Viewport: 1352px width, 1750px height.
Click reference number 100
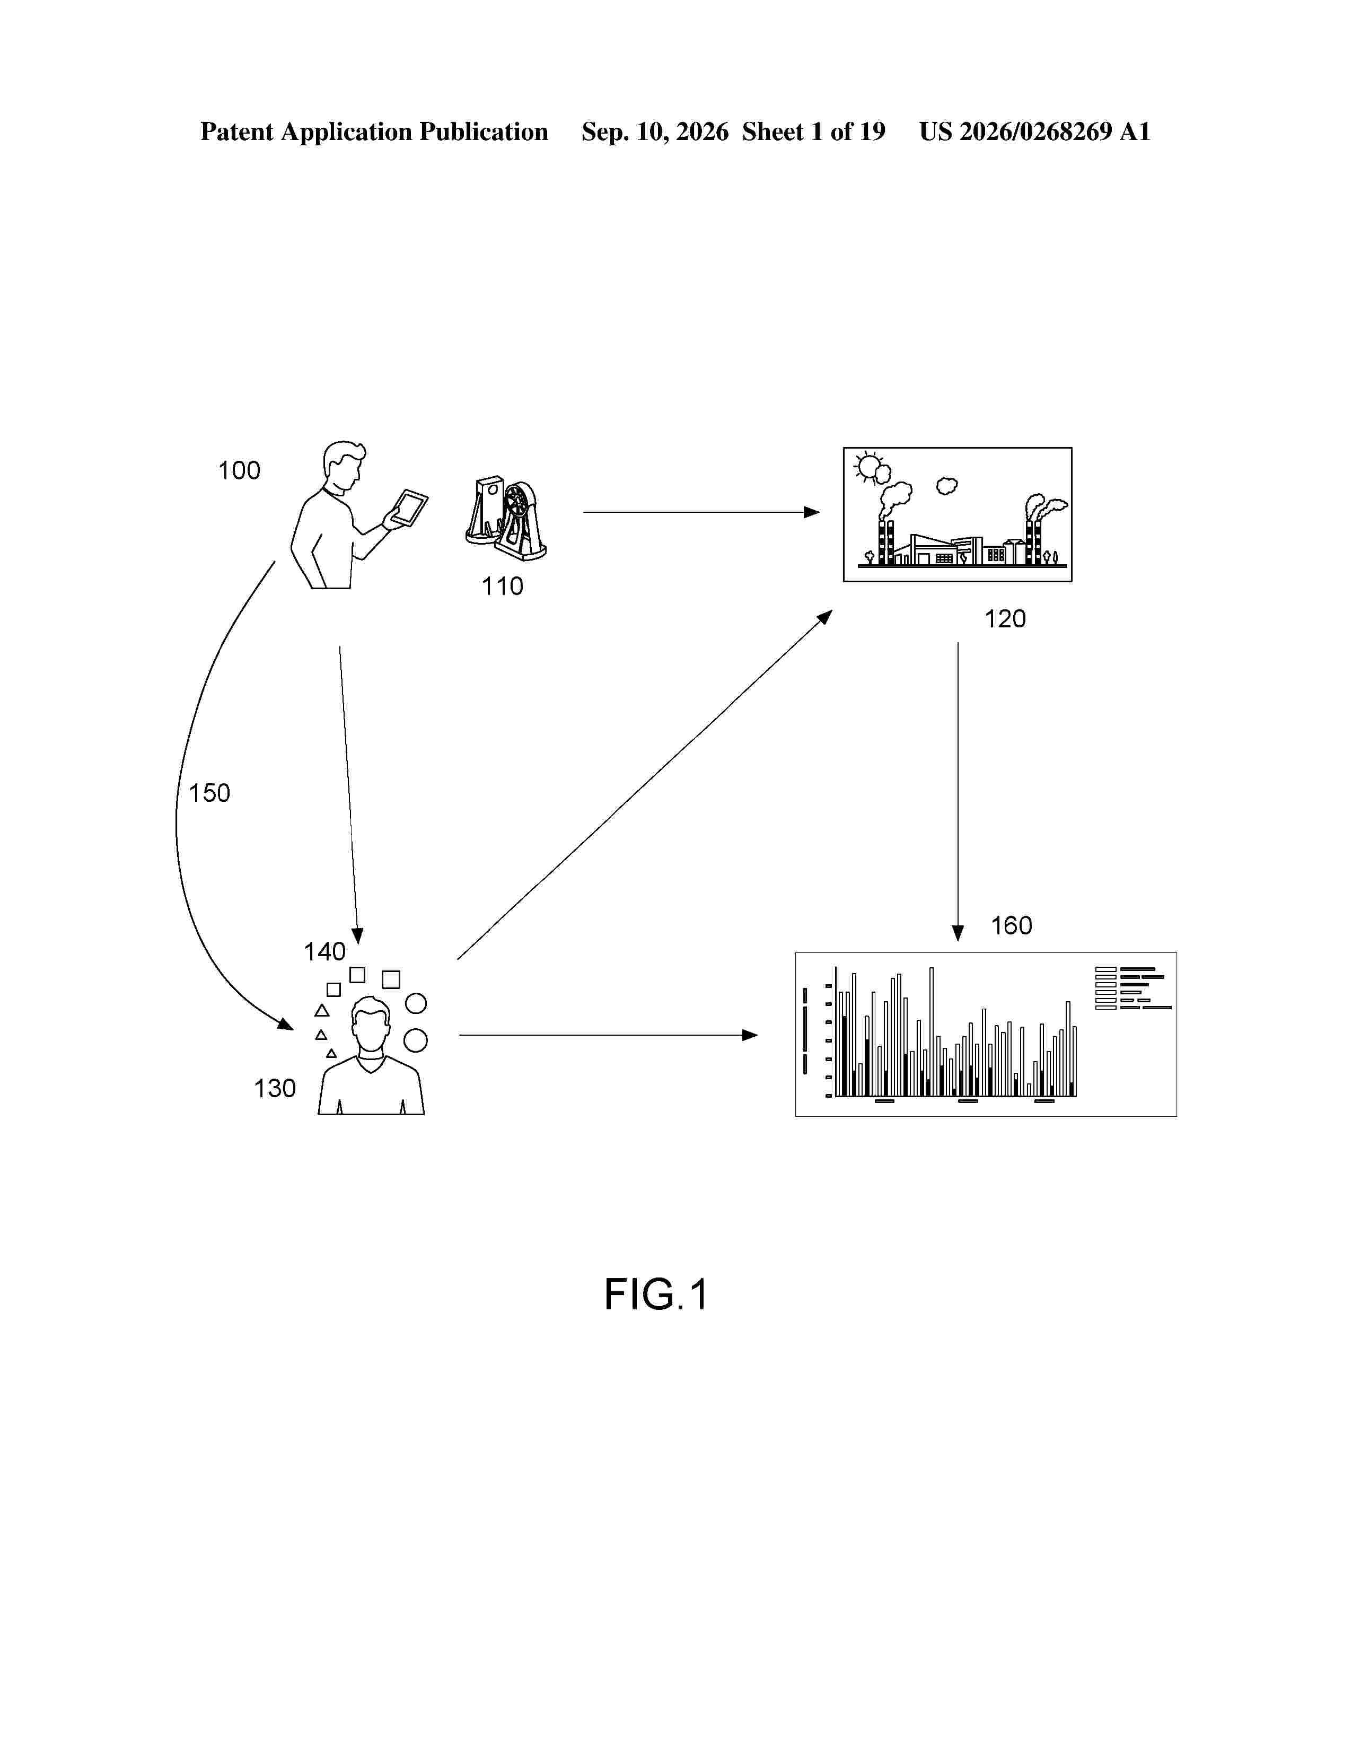240,470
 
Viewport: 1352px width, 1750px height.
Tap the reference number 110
502,587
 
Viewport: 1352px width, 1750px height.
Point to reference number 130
275,1088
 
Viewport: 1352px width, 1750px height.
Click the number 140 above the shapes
324,951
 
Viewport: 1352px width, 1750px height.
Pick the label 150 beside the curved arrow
209,793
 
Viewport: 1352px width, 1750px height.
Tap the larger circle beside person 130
415,1041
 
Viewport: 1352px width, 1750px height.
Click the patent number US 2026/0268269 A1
1034,132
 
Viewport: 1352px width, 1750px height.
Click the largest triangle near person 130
322,1010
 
